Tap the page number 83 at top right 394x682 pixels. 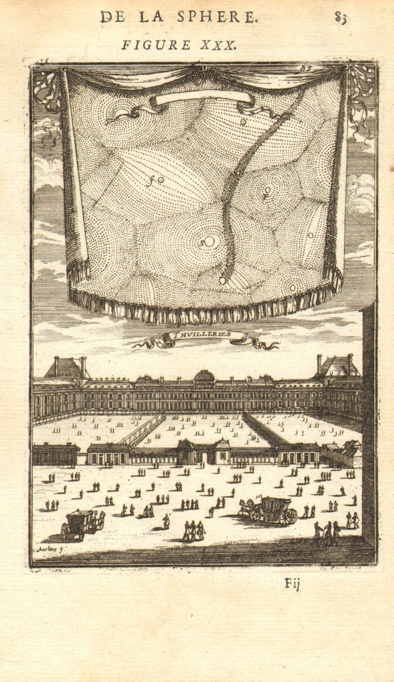pyautogui.click(x=341, y=18)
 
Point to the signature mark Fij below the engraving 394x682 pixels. pyautogui.click(x=292, y=585)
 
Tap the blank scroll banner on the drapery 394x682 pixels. pyautogui.click(x=202, y=99)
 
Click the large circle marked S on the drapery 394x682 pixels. pyautogui.click(x=210, y=242)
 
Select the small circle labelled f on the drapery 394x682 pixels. pyautogui.click(x=160, y=180)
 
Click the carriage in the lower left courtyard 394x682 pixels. pyautogui.click(x=81, y=523)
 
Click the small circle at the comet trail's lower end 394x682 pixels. pyautogui.click(x=222, y=280)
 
